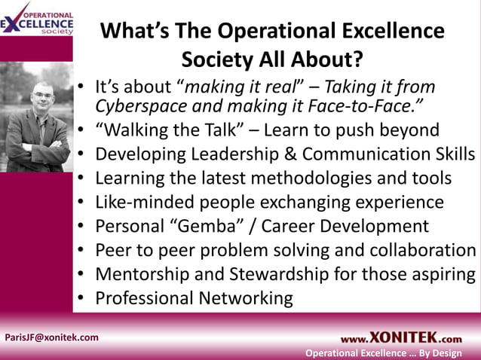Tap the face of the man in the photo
[41, 97]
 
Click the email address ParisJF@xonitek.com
[52, 337]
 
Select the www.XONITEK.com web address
[400, 338]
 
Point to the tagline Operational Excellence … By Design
[383, 353]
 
